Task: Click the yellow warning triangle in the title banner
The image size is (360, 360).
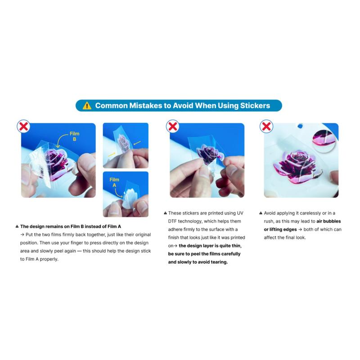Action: point(87,106)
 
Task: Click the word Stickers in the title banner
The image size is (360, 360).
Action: point(255,106)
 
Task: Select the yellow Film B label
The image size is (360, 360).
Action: point(74,136)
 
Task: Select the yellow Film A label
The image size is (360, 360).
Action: point(114,182)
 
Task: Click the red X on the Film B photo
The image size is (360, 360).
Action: point(23,126)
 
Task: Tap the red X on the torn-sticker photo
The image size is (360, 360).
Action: point(172,126)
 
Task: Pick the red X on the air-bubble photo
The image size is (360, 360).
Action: point(266,126)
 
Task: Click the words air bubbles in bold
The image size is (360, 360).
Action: point(328,221)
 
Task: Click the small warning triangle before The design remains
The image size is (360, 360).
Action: point(17,226)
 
